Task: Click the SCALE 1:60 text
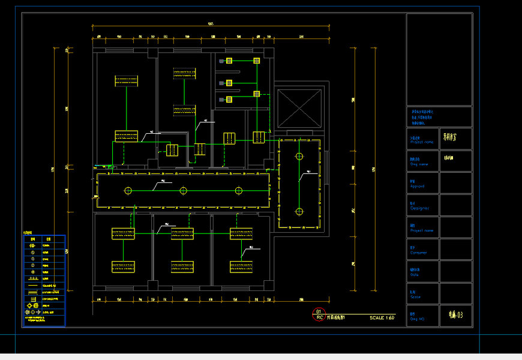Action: coord(382,317)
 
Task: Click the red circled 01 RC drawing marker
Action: coord(319,314)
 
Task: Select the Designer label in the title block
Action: coord(419,208)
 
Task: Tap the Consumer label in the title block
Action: coord(419,253)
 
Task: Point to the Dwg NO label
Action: coord(417,319)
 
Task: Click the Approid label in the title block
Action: coord(417,186)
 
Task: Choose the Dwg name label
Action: coord(419,164)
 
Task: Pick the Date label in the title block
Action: coord(415,275)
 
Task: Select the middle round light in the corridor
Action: coord(183,191)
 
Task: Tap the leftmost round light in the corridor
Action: coord(127,191)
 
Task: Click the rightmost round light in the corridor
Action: coord(239,191)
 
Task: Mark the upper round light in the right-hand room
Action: coord(299,156)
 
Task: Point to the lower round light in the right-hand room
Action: coord(299,211)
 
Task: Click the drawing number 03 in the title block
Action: coord(456,314)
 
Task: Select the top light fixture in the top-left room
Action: coord(126,80)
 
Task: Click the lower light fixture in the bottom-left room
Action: coord(123,266)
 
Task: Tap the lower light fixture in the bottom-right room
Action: coord(241,266)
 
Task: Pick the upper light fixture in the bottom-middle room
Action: coord(182,233)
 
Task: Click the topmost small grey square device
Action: coord(228,61)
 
